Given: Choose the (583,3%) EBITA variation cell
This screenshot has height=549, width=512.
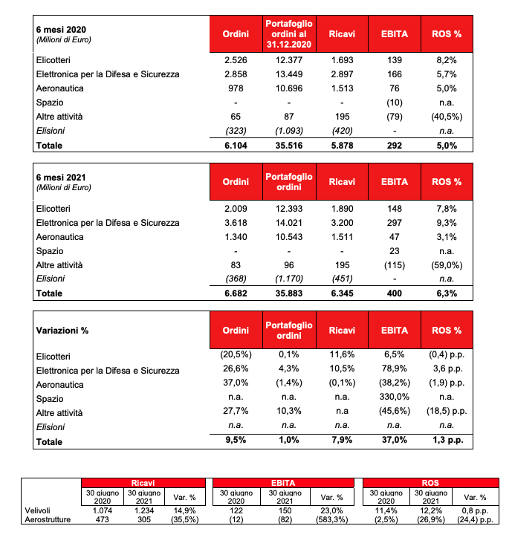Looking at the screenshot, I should [x=326, y=520].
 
